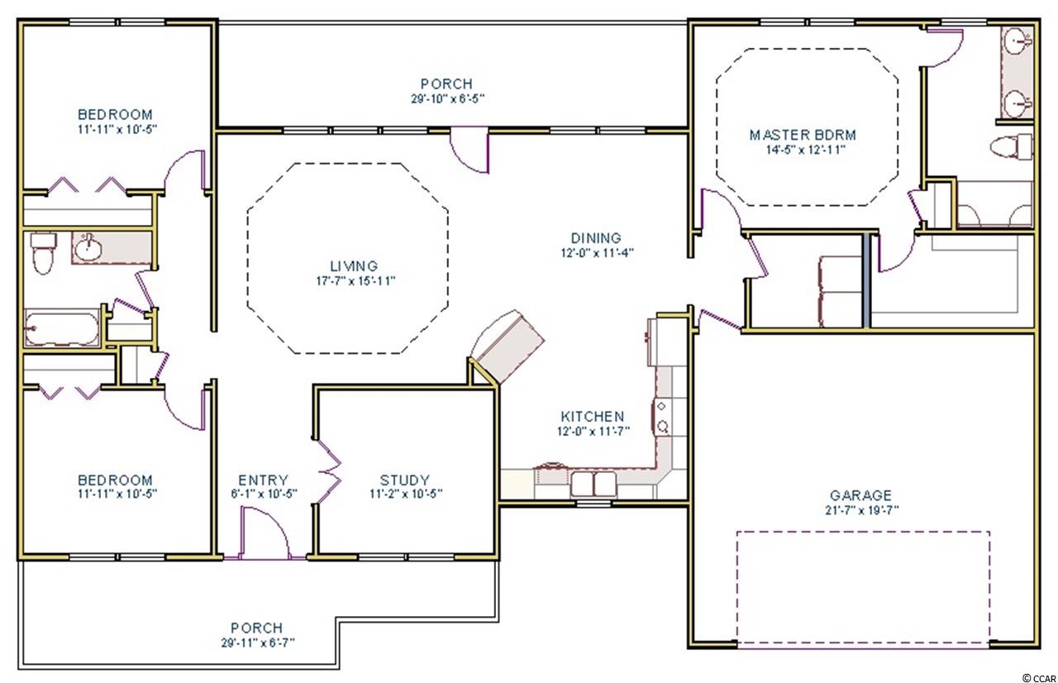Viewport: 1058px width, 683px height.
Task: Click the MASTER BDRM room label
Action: click(x=803, y=135)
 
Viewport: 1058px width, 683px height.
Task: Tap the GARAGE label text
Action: click(x=860, y=495)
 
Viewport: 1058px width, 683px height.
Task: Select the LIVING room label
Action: click(x=354, y=266)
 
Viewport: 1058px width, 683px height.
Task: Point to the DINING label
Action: click(x=596, y=237)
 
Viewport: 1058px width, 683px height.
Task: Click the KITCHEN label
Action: click(x=593, y=416)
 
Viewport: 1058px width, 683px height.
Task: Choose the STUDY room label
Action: click(x=405, y=480)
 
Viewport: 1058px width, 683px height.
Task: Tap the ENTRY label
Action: click(x=263, y=480)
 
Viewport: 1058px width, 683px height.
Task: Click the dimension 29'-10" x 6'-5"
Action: click(x=447, y=98)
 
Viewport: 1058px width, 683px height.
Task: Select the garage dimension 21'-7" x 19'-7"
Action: click(x=861, y=510)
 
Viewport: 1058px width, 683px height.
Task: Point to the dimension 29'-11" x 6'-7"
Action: click(x=258, y=642)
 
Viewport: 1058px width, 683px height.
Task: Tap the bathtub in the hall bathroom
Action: click(x=61, y=327)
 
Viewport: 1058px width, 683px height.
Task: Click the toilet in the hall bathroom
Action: click(x=43, y=253)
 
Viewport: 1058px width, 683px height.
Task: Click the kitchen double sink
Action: click(x=593, y=483)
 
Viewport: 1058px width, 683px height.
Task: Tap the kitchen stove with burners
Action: click(x=662, y=417)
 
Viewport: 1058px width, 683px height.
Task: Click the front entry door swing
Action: click(x=264, y=533)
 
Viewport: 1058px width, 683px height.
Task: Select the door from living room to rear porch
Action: click(x=469, y=150)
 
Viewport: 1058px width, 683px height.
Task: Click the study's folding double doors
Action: click(x=328, y=472)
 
